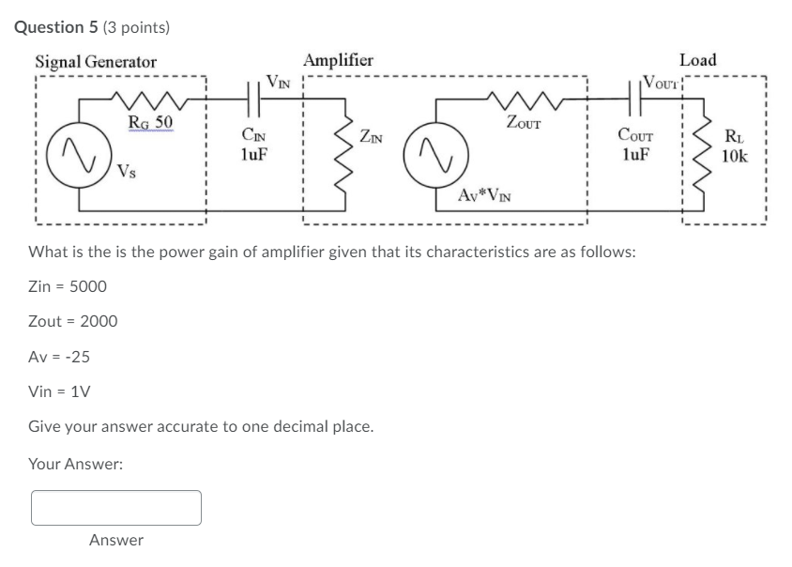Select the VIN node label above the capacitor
point(279,80)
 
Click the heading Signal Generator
point(96,62)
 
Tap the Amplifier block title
point(338,60)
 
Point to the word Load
point(697,60)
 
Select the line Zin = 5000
point(68,286)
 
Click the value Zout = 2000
point(73,321)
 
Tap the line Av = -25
point(59,357)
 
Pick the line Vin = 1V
point(59,391)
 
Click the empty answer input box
point(116,507)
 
